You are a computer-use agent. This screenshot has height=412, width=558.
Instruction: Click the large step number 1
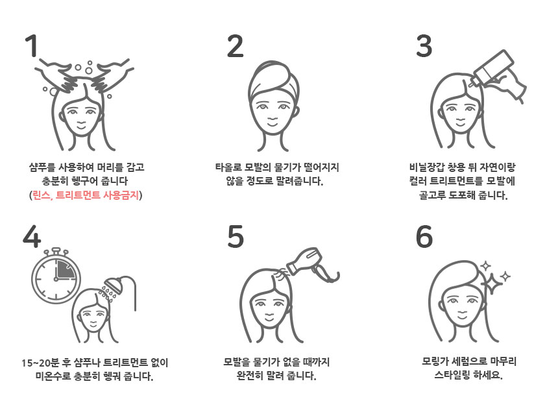pos(32,45)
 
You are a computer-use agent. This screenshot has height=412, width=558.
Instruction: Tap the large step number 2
pos(236,46)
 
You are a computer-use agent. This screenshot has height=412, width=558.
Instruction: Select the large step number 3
pos(424,46)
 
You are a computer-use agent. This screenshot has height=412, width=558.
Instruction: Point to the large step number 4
pos(32,237)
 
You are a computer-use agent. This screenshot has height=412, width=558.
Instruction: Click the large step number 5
pos(236,237)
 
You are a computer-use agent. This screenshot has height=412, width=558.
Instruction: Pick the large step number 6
pos(424,237)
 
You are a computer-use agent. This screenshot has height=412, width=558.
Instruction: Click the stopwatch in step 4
pos(56,275)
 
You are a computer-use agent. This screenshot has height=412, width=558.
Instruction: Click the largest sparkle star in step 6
pos(491,284)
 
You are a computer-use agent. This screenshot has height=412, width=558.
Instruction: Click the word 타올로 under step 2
pos(228,167)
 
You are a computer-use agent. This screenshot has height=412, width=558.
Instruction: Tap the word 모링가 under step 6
pos(435,361)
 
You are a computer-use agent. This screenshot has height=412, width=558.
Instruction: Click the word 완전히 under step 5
pos(250,376)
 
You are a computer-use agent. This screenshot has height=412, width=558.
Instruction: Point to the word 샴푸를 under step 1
pos(42,167)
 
